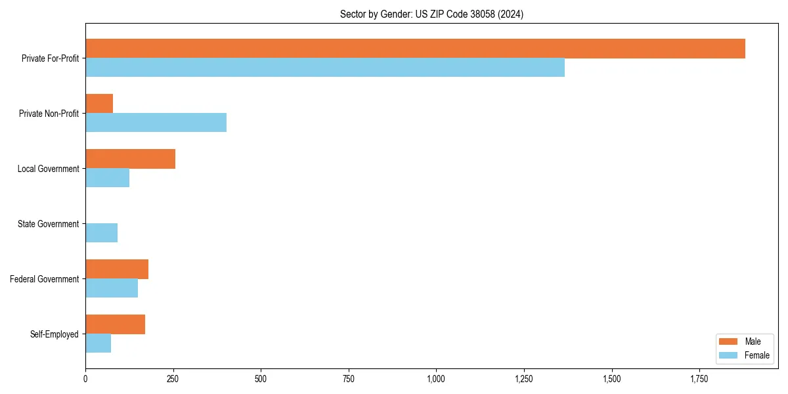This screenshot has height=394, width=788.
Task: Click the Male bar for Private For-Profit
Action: [415, 49]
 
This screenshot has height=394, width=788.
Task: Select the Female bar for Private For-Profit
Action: [325, 68]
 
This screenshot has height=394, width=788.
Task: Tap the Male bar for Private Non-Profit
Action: [99, 104]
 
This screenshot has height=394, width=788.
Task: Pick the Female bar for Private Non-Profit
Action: [156, 123]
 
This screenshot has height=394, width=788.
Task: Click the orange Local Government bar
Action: [130, 159]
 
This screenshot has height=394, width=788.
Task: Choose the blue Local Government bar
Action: [107, 178]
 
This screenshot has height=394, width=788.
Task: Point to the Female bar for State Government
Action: [101, 233]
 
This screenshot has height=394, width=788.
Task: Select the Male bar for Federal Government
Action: [117, 269]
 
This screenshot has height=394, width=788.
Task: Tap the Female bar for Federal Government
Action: [112, 288]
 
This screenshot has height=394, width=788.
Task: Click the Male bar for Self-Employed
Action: [115, 324]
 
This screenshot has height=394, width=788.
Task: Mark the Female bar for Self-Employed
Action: [98, 343]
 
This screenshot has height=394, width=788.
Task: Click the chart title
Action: [431, 14]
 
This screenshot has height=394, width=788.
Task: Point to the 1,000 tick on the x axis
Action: [436, 379]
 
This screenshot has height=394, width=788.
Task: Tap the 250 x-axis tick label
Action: [173, 379]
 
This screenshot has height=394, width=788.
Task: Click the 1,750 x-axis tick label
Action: [699, 379]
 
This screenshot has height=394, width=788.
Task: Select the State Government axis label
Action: [48, 224]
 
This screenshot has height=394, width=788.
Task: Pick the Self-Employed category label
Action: [54, 334]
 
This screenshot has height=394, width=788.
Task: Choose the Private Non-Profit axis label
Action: [49, 114]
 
